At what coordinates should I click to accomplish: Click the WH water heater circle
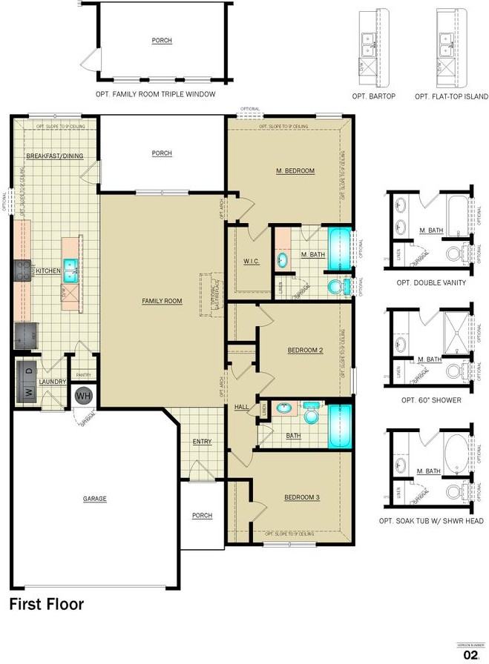click(x=83, y=395)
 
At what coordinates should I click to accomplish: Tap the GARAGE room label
click(x=94, y=499)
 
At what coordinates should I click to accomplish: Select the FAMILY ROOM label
click(x=162, y=301)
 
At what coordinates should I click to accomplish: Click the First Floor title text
click(x=46, y=604)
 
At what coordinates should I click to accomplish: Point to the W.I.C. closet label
click(x=251, y=262)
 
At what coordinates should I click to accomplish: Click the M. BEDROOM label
click(x=295, y=171)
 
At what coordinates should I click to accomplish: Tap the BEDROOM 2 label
click(x=304, y=350)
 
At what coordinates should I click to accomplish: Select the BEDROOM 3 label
click(x=301, y=497)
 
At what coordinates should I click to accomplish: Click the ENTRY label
click(x=202, y=442)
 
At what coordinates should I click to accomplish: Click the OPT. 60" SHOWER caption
click(x=430, y=400)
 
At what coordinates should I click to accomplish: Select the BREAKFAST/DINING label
click(x=54, y=156)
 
